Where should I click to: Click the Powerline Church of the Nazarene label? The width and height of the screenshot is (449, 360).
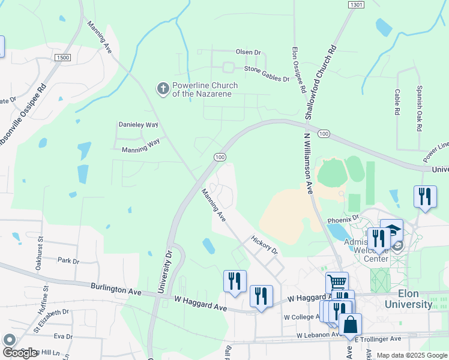(x=205, y=89)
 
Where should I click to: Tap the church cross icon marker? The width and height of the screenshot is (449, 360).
(x=162, y=89)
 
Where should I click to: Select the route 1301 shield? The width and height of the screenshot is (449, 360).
(x=356, y=5)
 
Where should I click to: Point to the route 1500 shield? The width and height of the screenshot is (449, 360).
(x=62, y=57)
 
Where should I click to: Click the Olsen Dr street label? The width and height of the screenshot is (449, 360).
(x=249, y=53)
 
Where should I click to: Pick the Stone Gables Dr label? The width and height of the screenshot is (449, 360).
(x=266, y=70)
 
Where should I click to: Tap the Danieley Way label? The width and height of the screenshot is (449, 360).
(x=138, y=125)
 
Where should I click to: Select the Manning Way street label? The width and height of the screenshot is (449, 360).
(x=140, y=150)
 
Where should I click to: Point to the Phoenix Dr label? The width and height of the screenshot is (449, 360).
(x=343, y=220)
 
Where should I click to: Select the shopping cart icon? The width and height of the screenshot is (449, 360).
(x=337, y=282)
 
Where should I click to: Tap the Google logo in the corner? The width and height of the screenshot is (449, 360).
(x=19, y=352)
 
